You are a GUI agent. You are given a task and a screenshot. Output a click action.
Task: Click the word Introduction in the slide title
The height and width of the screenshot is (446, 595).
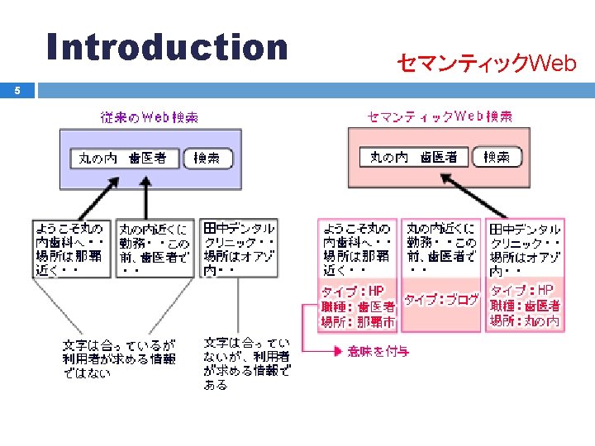coord(167,47)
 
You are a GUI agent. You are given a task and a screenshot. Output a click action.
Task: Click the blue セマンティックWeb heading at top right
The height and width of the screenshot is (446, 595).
coord(486,63)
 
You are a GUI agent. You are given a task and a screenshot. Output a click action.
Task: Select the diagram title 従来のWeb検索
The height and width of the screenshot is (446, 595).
coord(150,117)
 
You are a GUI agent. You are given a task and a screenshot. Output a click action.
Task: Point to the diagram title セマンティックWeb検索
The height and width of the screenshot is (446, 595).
coord(440,116)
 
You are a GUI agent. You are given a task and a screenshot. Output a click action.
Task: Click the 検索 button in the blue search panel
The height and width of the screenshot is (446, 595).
coord(207,159)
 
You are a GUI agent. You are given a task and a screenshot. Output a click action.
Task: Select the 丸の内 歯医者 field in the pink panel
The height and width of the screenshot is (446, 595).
coord(414,157)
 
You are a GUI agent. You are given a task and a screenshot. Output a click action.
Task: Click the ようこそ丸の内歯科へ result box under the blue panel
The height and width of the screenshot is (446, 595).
coord(71,248)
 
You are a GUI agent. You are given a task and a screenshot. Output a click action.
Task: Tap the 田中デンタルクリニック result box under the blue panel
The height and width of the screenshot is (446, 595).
coord(240,248)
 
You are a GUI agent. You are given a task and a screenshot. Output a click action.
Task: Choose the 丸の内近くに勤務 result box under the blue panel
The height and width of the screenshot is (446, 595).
coord(154,248)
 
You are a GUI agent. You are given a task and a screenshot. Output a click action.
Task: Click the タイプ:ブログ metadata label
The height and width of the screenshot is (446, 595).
coord(441,300)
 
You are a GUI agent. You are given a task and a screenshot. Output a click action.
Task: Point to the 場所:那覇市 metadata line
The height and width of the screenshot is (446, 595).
coord(358,322)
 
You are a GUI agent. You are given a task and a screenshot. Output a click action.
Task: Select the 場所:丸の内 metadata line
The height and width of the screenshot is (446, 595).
coord(525,321)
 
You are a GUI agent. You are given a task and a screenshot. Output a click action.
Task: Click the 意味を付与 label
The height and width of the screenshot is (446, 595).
coord(378,352)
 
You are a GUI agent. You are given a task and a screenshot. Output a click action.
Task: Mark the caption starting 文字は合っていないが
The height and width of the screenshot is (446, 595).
coord(246,363)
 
